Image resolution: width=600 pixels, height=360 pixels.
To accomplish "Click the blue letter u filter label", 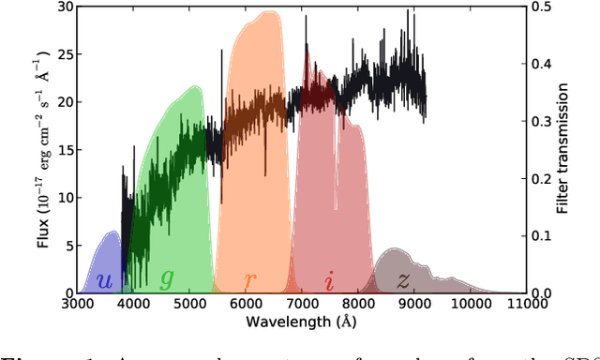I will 105,280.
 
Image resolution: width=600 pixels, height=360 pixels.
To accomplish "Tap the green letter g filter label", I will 167,278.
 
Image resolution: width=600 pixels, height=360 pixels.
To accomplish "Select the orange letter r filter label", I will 249,280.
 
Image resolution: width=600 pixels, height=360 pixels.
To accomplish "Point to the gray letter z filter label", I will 403,279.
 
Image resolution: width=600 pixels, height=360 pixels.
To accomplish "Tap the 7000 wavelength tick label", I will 302,303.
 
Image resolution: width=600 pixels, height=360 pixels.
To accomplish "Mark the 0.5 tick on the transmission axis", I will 543,7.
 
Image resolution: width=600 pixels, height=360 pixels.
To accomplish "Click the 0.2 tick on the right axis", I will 543,178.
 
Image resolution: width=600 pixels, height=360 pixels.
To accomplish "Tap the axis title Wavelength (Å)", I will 302,321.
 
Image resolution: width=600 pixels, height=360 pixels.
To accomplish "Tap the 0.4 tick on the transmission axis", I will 543,64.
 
